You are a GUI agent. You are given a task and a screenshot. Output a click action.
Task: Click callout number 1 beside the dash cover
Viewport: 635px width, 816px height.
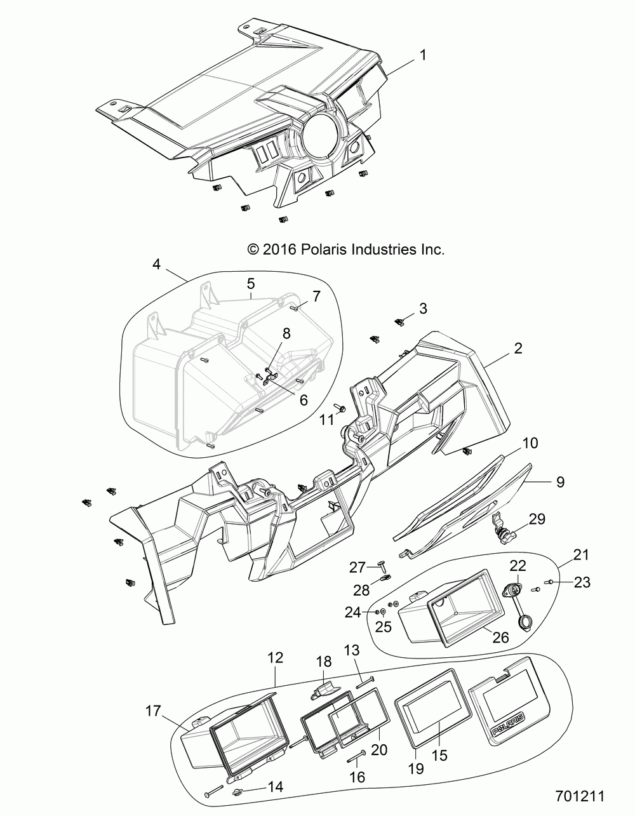(x=422, y=55)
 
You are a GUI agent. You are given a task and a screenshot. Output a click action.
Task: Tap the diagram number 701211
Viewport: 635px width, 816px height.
(x=579, y=795)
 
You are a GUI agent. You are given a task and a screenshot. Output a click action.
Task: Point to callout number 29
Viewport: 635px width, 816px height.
(x=537, y=519)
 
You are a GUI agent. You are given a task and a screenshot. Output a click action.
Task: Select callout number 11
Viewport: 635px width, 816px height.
(x=326, y=420)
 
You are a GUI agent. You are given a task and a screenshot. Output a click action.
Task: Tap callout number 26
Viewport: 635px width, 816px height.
(x=501, y=636)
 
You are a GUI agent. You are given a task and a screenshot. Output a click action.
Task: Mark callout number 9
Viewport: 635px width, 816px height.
(x=560, y=482)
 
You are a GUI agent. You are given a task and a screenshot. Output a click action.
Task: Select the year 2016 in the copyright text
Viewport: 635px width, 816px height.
(x=274, y=250)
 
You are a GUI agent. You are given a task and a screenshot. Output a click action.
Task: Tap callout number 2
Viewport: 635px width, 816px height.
(x=518, y=348)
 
